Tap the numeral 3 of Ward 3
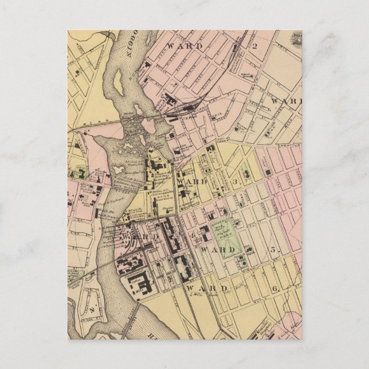pos(235,182)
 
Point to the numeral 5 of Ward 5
pos(273,250)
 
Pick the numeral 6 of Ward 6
pos(276,288)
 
